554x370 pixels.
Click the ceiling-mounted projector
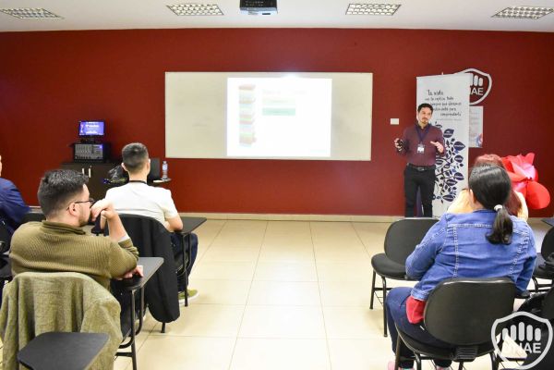258,6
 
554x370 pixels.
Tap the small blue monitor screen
91,129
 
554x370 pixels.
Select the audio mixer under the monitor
90,151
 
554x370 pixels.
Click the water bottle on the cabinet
164,170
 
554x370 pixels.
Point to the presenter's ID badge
421,147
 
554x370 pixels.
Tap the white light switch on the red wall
394,121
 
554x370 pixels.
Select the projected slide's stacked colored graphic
247,116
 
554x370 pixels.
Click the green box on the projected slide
278,111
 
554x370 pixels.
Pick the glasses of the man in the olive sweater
81,202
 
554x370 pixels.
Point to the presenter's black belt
421,167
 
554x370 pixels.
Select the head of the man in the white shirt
135,161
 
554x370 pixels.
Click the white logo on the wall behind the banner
476,85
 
